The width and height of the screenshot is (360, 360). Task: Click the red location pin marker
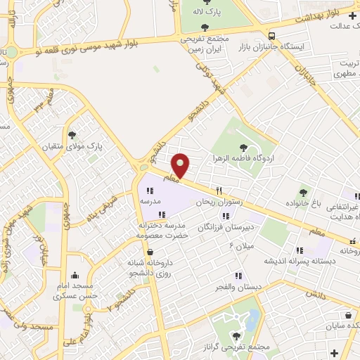(x=181, y=165)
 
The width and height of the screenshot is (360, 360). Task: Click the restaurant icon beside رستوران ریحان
(x=219, y=191)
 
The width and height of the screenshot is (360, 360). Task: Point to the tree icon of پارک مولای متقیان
(x=72, y=135)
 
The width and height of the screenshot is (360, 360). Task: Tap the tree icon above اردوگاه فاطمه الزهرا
(x=243, y=148)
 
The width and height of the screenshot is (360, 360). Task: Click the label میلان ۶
(x=240, y=244)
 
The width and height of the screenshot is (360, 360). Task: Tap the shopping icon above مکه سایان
(x=347, y=316)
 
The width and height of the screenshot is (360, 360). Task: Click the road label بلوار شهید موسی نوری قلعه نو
(x=99, y=47)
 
